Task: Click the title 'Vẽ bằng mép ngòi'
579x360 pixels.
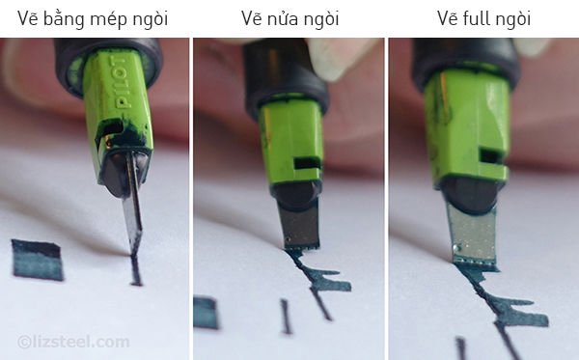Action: [x=94, y=17]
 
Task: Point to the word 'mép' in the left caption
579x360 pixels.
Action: [x=106, y=17]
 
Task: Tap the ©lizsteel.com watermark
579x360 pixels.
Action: [x=73, y=341]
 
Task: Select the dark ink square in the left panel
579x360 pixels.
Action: [x=38, y=259]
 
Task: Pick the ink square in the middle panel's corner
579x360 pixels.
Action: [x=206, y=312]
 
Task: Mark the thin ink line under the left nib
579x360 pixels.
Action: [x=136, y=269]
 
